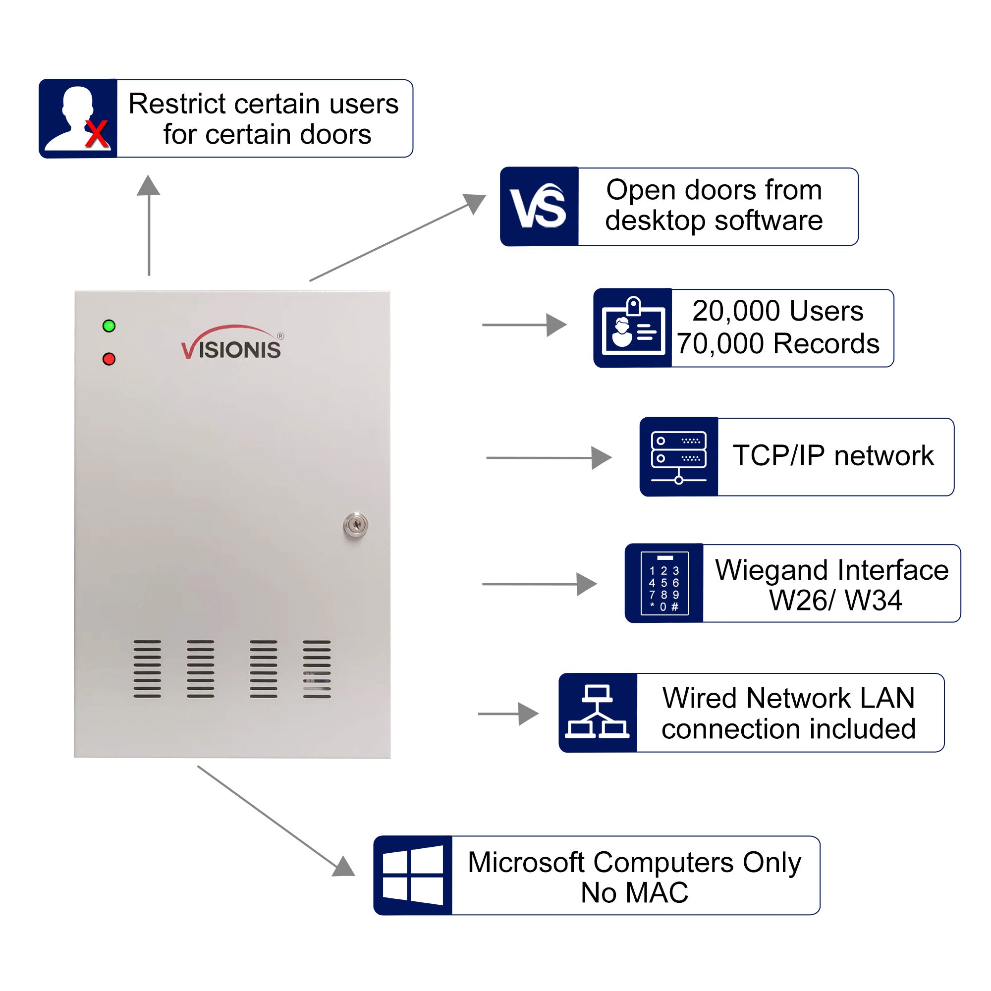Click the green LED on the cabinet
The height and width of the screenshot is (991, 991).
(109, 326)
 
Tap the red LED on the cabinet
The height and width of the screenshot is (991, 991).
(109, 359)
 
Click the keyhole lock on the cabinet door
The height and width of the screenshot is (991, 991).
(355, 525)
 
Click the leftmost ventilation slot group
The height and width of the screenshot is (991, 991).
(147, 669)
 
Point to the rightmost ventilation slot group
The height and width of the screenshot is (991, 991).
(317, 669)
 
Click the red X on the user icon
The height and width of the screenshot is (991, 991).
(97, 134)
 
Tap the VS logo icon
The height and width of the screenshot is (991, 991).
(539, 207)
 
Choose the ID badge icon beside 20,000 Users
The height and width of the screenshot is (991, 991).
(633, 327)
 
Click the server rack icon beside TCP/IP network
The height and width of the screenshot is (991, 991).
(679, 457)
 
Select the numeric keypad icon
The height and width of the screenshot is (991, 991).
(664, 583)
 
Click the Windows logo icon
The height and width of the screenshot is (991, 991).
(413, 876)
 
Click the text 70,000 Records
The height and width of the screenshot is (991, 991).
(777, 344)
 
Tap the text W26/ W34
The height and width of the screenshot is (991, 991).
(835, 600)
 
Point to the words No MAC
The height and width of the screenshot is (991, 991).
(635, 893)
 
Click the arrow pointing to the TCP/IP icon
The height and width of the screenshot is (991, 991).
(549, 457)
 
